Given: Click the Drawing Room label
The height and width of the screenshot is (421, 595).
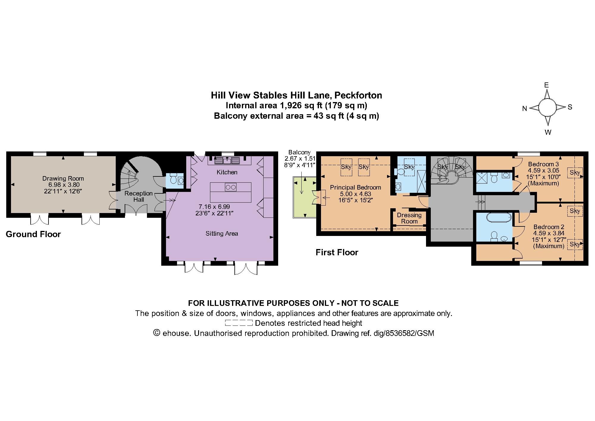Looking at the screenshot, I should [x=63, y=179].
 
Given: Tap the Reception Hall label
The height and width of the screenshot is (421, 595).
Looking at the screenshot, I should [x=138, y=196].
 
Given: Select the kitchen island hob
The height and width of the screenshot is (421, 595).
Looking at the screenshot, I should [x=231, y=187].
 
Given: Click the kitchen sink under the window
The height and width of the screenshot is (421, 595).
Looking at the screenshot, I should [x=227, y=161].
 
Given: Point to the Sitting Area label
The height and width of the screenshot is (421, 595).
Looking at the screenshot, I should [x=222, y=234].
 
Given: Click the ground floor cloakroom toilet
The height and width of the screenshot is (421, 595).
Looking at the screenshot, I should [x=173, y=179].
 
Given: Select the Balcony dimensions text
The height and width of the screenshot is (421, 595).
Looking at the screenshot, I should [x=300, y=162].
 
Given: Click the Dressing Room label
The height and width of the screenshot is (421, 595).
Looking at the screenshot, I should [x=409, y=218].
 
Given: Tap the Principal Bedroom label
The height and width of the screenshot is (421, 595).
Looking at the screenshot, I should [x=356, y=187].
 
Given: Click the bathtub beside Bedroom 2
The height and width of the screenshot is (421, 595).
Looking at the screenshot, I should [x=499, y=218].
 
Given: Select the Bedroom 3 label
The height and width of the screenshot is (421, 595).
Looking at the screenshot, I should [x=543, y=164].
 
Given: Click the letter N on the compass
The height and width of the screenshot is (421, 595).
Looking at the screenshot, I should [x=524, y=109].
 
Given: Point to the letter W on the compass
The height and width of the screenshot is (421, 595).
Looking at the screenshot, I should [x=548, y=132].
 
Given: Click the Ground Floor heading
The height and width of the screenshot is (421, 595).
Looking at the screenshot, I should [x=33, y=234].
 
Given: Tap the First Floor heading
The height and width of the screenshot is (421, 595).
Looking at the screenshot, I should [x=337, y=253].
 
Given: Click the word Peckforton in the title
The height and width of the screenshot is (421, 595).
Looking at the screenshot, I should [x=358, y=95].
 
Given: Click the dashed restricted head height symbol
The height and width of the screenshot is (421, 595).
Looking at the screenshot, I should [x=239, y=323].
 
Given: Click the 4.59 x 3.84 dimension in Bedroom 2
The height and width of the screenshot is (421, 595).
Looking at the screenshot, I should [x=549, y=234].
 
